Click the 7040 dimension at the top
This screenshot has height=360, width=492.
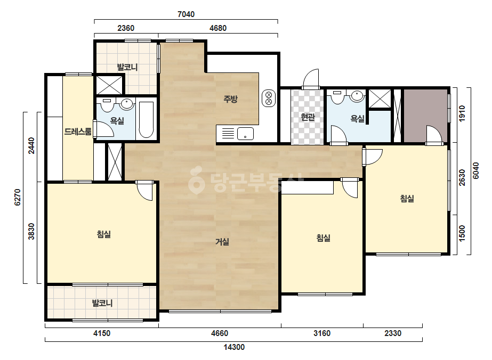(x=186, y=14)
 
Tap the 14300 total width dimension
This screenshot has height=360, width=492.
(x=234, y=347)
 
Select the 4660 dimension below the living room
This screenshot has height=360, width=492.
(x=220, y=333)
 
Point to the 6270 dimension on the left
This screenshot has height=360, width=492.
(x=18, y=197)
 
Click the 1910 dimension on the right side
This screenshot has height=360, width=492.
(x=462, y=113)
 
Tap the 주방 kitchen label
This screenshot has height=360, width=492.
(x=231, y=100)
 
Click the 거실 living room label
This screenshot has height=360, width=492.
(x=222, y=242)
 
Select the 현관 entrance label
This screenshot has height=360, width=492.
(x=308, y=117)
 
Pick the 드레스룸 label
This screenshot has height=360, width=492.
(x=78, y=132)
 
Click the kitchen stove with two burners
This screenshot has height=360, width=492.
(x=269, y=98)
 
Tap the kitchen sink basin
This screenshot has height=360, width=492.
(x=245, y=134)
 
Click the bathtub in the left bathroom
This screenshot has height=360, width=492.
(x=146, y=120)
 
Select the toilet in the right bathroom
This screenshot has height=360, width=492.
(x=337, y=97)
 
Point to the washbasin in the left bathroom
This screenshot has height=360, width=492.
(x=127, y=104)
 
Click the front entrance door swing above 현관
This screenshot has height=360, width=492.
(x=311, y=79)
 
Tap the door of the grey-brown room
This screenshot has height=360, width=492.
(x=434, y=135)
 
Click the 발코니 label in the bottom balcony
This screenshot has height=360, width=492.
(x=102, y=303)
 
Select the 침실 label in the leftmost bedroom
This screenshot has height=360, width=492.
(x=104, y=234)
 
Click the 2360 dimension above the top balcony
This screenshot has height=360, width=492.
(x=126, y=28)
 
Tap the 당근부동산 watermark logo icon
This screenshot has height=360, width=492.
(x=196, y=180)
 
